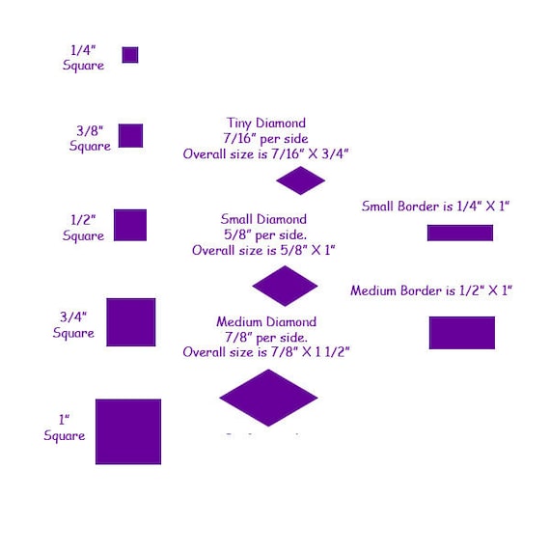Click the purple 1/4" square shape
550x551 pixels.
pos(130,55)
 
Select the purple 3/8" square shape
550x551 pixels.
pos(130,136)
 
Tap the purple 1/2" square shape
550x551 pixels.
pos(130,225)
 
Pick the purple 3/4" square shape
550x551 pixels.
pos(131,322)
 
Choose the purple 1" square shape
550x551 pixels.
pos(128,431)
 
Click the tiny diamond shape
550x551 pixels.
pos(300,180)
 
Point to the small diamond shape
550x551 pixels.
pos(285,286)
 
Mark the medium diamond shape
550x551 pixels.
pos(268,398)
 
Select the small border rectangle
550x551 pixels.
pos(460,233)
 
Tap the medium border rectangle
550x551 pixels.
pos(462,333)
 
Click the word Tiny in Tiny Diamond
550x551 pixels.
pos(239,123)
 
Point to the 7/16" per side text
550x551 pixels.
pos(265,138)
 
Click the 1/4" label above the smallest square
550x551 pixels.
pos(83,50)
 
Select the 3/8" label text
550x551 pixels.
pos(90,130)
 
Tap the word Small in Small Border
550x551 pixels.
pos(378,207)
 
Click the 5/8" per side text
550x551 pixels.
pos(265,234)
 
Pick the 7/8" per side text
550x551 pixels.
pos(266,338)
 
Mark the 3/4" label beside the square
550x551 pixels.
pos(73,317)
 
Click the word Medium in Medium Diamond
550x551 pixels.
pos(239,322)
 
